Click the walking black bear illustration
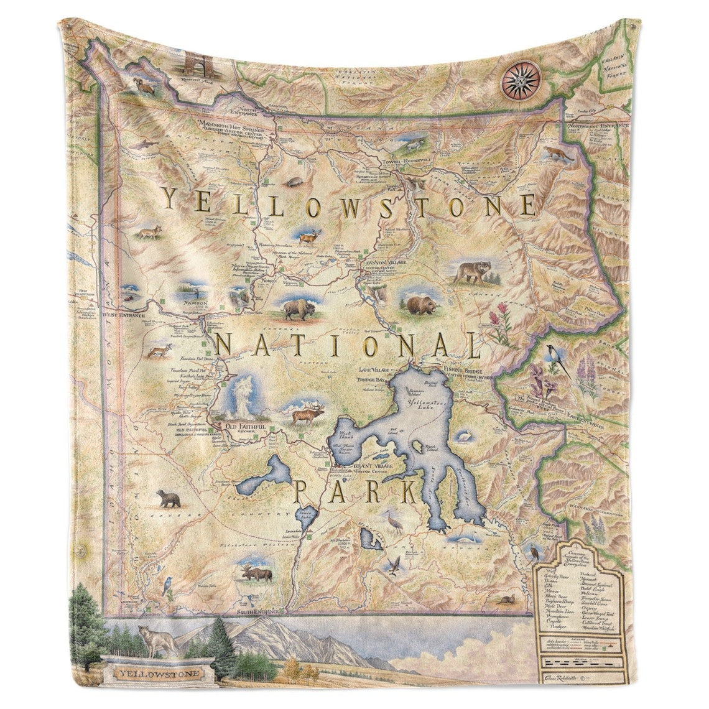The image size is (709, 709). point(168,498)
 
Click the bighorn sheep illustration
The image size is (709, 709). point(146,88)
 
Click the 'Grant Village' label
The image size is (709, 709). point(371,465)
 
